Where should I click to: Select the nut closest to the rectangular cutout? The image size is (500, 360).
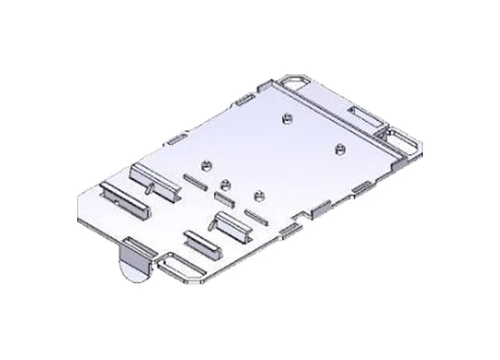point(339,149)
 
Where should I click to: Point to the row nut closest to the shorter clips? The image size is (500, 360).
point(258,195)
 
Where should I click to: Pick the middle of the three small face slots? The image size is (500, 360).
point(222,197)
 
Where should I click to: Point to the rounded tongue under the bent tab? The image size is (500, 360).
point(130,270)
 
